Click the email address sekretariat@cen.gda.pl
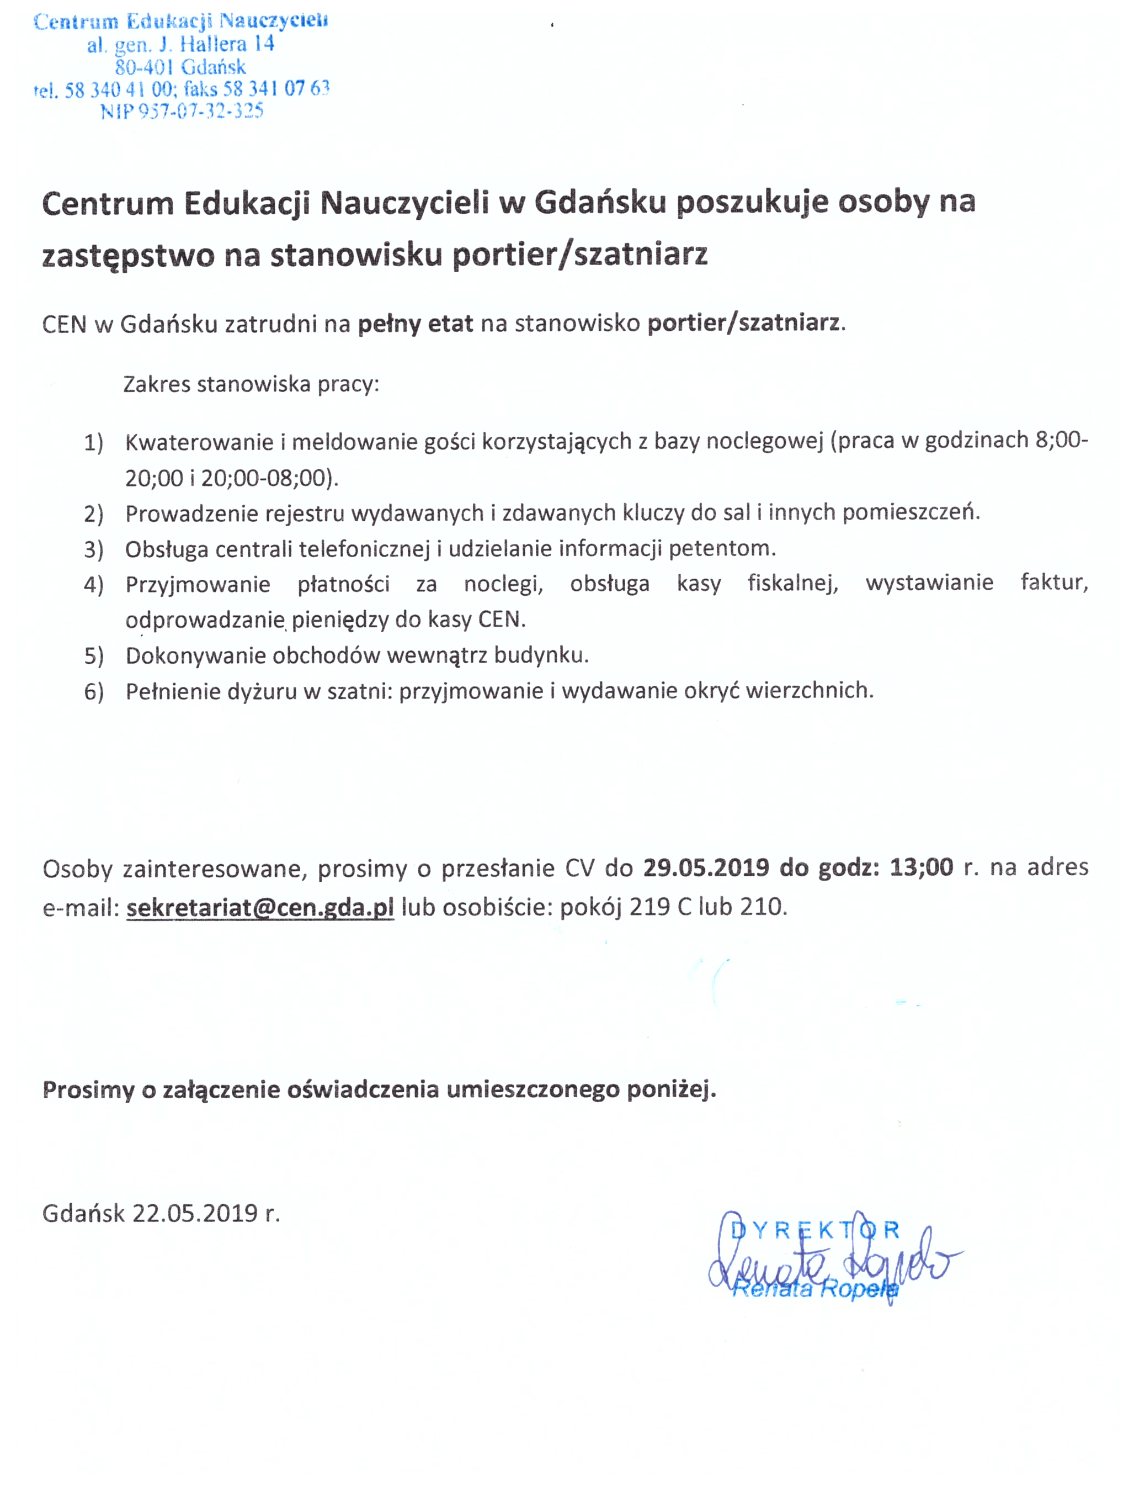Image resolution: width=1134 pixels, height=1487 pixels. click(x=260, y=907)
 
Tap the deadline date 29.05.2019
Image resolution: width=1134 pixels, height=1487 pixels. click(x=706, y=867)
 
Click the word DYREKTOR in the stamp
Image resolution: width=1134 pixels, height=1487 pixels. click(x=816, y=1230)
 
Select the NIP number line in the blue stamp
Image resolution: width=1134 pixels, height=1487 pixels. click(x=182, y=112)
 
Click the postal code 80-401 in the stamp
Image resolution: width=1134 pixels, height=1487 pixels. click(x=145, y=67)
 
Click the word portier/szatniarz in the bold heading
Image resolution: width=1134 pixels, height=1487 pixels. click(x=580, y=255)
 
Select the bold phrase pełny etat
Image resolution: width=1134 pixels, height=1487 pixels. click(x=415, y=324)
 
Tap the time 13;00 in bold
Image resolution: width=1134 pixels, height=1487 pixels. click(x=922, y=867)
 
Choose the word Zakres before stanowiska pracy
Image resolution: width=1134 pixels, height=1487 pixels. click(x=157, y=384)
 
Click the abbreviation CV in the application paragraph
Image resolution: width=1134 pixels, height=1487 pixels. click(x=579, y=868)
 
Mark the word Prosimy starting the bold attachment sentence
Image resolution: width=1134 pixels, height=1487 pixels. click(x=88, y=1089)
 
